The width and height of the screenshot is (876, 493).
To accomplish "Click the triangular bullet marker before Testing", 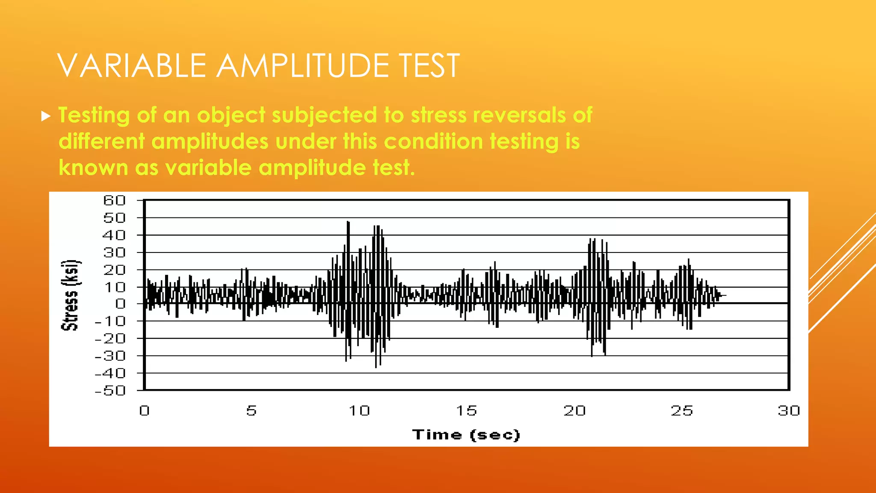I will [x=46, y=116].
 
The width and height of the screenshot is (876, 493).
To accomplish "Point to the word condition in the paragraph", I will [x=433, y=141].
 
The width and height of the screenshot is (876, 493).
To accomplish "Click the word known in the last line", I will [x=93, y=167].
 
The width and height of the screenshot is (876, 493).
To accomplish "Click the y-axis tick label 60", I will [x=114, y=200].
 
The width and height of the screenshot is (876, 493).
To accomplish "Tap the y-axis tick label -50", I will [x=110, y=390].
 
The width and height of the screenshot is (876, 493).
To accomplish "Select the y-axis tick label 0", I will [x=121, y=304].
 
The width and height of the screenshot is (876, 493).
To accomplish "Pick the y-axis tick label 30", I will [x=114, y=252].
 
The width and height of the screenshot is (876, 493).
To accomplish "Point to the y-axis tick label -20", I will [x=110, y=339].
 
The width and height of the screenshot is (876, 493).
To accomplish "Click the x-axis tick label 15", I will [x=466, y=411].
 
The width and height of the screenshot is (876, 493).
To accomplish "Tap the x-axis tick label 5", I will [x=252, y=411].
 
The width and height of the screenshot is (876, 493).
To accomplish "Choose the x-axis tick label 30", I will [x=789, y=411].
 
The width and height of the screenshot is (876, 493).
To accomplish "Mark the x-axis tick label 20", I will [x=574, y=411].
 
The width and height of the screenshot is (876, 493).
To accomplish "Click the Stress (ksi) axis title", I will [x=70, y=295].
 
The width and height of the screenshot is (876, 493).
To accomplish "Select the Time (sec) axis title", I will [x=466, y=435].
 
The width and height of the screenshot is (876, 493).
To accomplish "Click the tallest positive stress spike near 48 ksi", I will [x=348, y=223].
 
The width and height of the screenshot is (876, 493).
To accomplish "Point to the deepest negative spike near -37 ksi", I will [x=376, y=366].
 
